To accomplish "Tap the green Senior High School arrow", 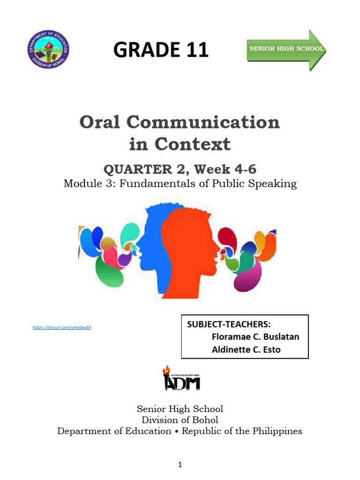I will coord(286,49).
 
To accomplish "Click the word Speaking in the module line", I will coord(273,183).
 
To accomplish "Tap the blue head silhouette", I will coord(150,244).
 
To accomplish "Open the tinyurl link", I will coord(61,327).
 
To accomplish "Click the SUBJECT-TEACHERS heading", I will coord(229,325).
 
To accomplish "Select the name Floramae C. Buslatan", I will coord(255,337).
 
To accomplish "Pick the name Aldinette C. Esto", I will coord(246,349).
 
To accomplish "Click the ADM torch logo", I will coord(181,379).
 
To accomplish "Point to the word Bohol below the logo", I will coord(204,420).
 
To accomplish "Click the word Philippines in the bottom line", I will coord(277,431).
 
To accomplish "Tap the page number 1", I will coord(180,465).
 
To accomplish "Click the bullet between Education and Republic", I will coord(177,432).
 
